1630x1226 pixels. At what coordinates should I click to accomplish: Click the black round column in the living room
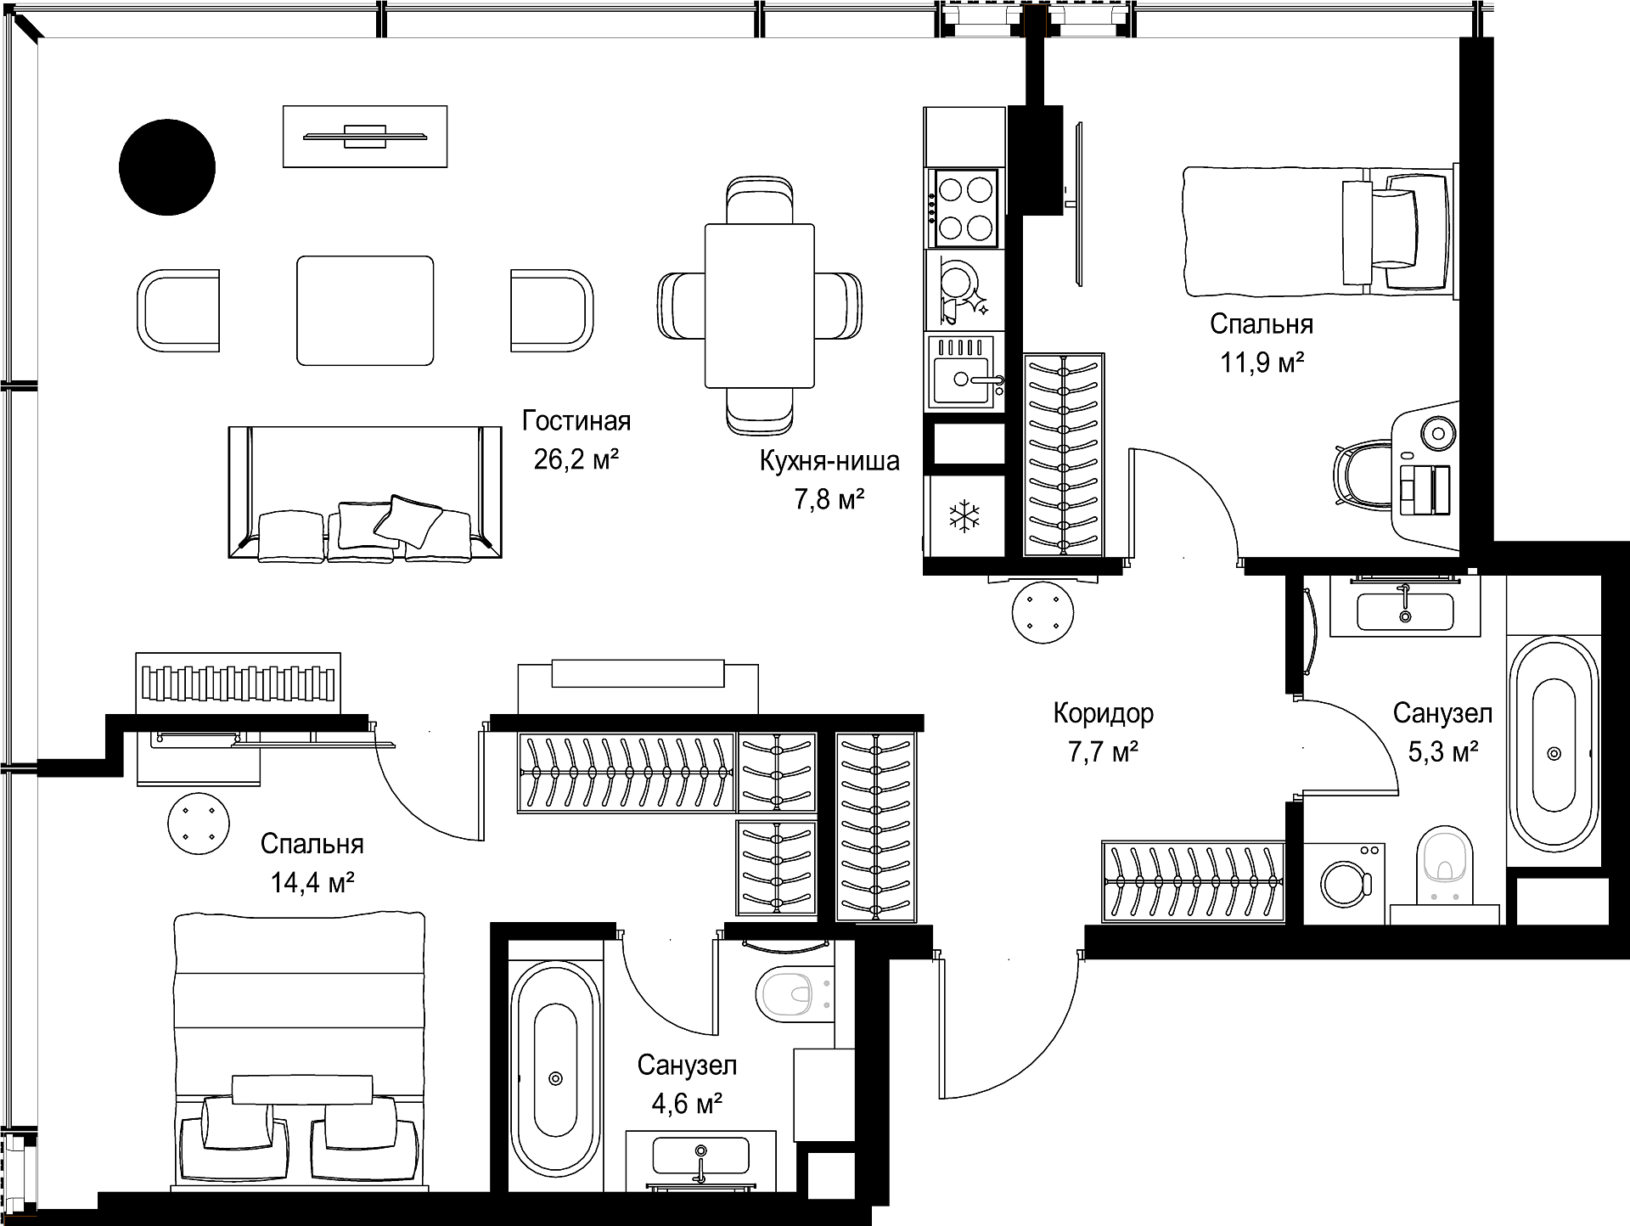[167, 167]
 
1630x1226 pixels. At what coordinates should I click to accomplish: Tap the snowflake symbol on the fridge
[964, 516]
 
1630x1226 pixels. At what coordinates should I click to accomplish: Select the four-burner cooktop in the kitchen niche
[964, 207]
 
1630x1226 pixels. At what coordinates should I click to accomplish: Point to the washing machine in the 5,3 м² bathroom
[1344, 883]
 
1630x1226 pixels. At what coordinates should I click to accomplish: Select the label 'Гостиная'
[576, 421]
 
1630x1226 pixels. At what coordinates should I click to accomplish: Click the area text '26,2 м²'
[576, 459]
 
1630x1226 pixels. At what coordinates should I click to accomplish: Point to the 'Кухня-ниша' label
[829, 461]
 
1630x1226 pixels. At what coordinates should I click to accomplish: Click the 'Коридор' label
[1103, 713]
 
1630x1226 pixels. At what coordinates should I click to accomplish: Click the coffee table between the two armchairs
[365, 311]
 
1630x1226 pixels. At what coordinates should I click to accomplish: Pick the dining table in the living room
[760, 306]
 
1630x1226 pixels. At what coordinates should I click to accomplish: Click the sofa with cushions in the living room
[365, 492]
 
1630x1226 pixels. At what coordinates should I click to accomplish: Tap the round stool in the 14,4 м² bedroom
[199, 824]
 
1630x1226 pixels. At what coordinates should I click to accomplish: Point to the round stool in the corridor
[1043, 611]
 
